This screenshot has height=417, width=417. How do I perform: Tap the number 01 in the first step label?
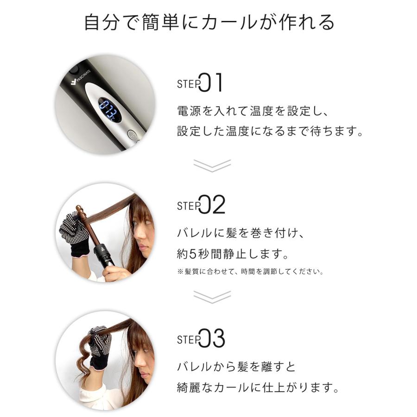213,83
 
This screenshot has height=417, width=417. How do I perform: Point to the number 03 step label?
213,339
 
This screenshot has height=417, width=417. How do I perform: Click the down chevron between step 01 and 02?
212,165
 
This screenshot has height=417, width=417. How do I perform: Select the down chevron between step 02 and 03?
212,297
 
